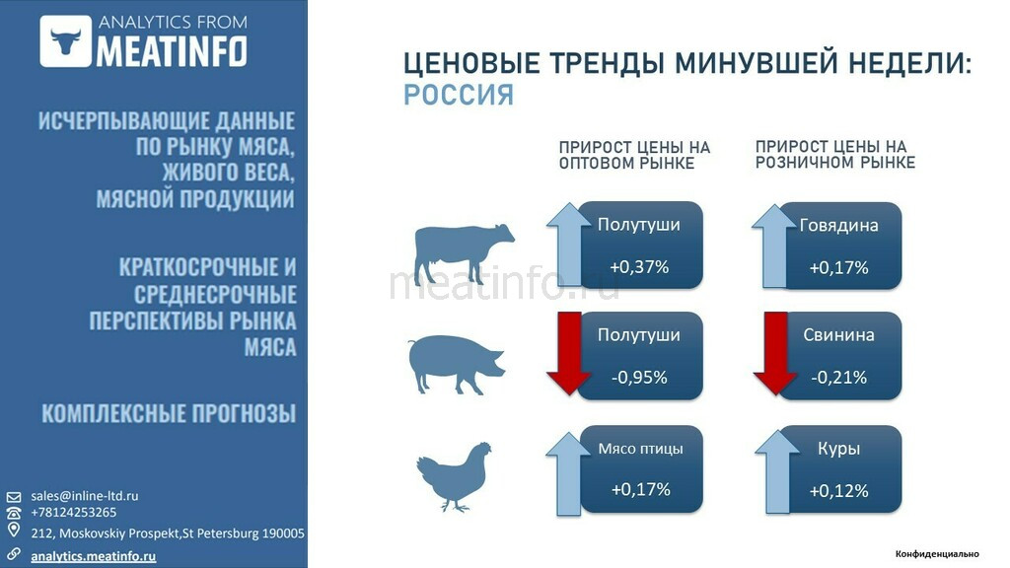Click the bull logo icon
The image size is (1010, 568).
click(x=66, y=41)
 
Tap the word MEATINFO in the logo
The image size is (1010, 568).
click(x=172, y=51)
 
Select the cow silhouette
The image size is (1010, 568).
click(x=464, y=253)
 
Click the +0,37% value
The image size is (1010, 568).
click(x=639, y=266)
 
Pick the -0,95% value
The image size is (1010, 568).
click(x=639, y=378)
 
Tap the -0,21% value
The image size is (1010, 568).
click(x=838, y=378)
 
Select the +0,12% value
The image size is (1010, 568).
click(x=838, y=491)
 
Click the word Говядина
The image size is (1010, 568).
click(x=838, y=226)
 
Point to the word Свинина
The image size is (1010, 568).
click(x=838, y=335)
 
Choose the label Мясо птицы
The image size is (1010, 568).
click(x=640, y=449)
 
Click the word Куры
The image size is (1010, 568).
click(x=838, y=449)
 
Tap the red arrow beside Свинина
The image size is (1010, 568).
click(x=775, y=353)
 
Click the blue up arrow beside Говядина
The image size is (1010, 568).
click(x=775, y=246)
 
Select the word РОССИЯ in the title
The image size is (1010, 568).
click(x=459, y=96)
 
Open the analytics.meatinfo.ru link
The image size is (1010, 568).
click(x=94, y=556)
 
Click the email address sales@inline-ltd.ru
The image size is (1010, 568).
click(x=85, y=496)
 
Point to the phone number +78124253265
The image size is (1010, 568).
click(x=73, y=513)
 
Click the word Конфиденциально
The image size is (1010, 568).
click(x=937, y=554)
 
